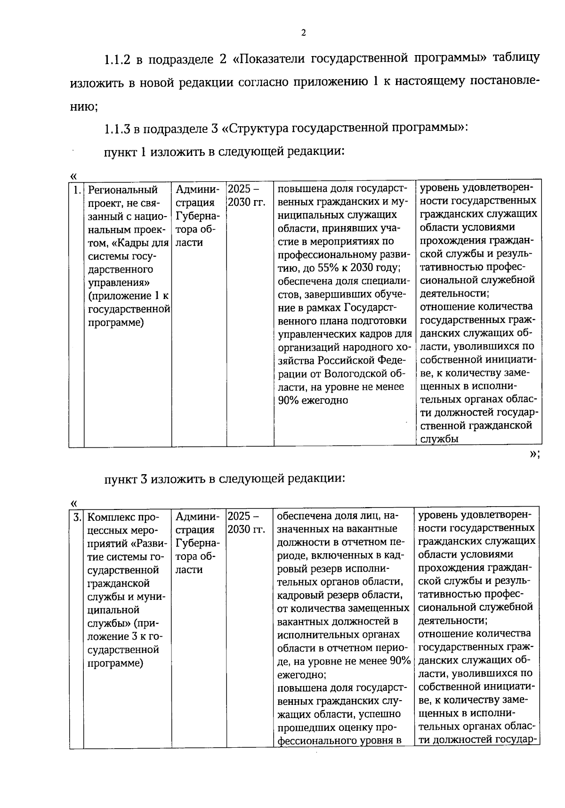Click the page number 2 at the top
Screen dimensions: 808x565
point(303,33)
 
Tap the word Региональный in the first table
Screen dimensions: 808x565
point(123,190)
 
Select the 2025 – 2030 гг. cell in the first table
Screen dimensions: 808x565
point(246,196)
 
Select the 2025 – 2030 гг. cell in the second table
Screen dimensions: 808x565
point(246,523)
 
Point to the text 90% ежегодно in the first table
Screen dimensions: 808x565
point(313,400)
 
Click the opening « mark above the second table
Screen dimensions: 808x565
point(73,503)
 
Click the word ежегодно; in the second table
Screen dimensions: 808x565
point(301,674)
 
